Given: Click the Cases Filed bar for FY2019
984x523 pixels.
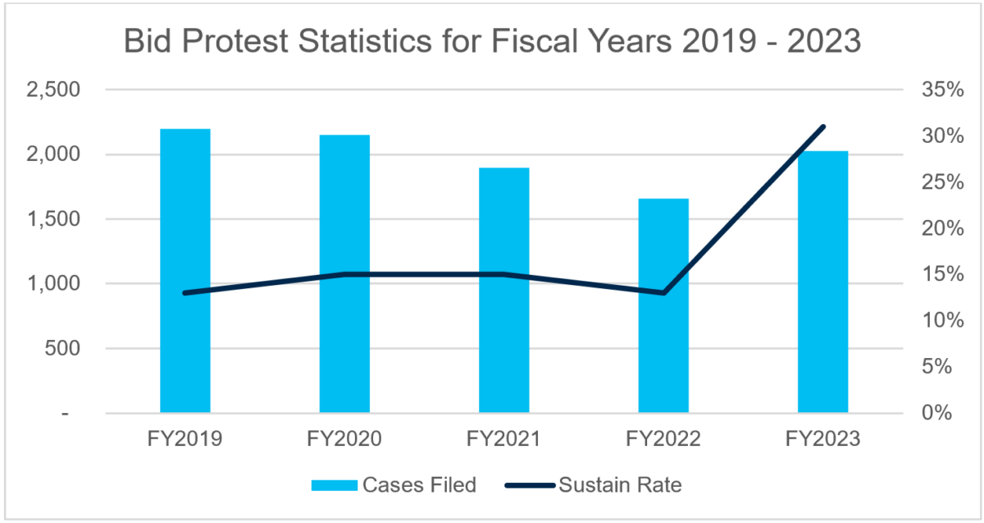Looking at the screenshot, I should point(184,271).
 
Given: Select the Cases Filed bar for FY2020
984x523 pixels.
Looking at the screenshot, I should point(344,275).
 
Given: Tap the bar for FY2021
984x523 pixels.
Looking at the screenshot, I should point(504,291).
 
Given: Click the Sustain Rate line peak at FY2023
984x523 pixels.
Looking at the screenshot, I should point(823,126).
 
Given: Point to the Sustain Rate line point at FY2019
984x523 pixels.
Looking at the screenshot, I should point(185,293).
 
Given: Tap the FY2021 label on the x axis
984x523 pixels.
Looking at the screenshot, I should point(503,439).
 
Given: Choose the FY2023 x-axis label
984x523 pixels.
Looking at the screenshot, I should point(822,439).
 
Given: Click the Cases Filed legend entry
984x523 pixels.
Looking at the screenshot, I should point(394,484).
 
